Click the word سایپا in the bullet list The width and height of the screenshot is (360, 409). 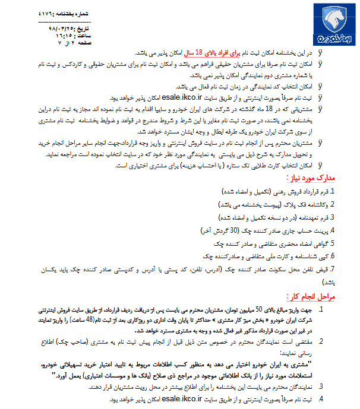click(156, 109)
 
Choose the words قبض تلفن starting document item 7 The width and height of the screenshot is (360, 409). click(315, 270)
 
